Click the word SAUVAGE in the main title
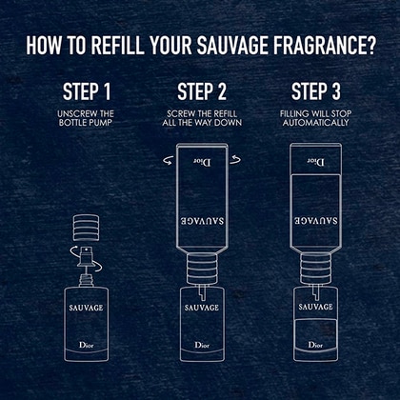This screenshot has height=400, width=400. (233, 46)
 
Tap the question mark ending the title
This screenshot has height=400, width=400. (370, 46)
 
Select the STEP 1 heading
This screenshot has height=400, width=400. (87, 91)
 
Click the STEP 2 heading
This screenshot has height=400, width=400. (202, 91)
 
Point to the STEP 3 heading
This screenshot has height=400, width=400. (316, 91)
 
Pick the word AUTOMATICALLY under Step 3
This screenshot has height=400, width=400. (316, 123)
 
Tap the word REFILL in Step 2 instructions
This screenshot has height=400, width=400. (225, 113)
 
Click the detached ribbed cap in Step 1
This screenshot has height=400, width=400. (86, 228)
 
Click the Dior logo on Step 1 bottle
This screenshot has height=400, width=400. (87, 345)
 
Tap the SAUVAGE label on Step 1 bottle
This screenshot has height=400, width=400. (86, 308)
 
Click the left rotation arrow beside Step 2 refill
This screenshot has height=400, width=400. (169, 160)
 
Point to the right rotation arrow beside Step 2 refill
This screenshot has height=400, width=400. (235, 160)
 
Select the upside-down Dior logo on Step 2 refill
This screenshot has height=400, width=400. (202, 163)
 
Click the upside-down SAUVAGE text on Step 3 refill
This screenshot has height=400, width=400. (315, 220)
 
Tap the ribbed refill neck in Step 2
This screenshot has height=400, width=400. (202, 269)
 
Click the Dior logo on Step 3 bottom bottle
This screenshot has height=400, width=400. (315, 345)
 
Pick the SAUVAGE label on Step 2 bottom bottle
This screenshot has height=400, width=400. (202, 308)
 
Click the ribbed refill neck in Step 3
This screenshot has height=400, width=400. (315, 269)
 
